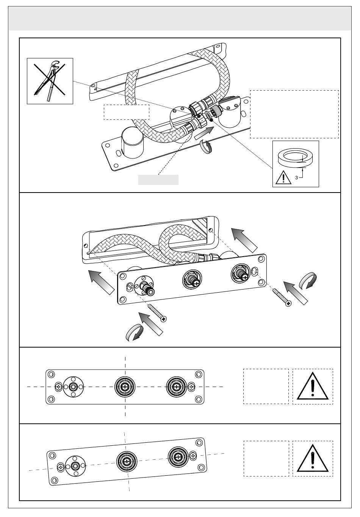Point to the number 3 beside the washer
click(x=297, y=178)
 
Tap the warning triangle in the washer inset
click(x=283, y=177)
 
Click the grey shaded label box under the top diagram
click(x=158, y=180)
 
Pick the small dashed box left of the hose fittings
click(x=127, y=112)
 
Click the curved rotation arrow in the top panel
click(x=206, y=147)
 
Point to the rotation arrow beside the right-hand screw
click(x=308, y=280)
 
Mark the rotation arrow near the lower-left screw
click(x=134, y=332)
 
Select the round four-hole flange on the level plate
click(x=74, y=387)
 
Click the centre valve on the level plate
click(x=125, y=387)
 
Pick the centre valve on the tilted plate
click(x=127, y=461)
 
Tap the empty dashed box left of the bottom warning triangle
click(x=266, y=459)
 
